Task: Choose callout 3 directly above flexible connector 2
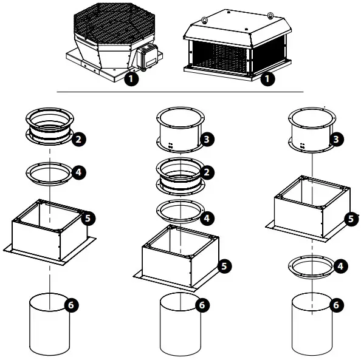pos(208,140)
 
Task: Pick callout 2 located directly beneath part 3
pos(208,172)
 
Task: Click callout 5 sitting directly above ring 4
pos(351,218)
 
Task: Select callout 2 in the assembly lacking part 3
pos(77,139)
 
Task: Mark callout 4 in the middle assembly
pos(208,217)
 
